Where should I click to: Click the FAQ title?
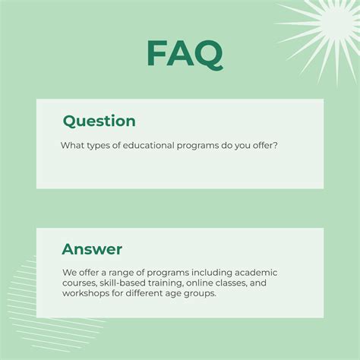185,53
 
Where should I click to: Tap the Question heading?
99,121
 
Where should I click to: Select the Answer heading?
92,249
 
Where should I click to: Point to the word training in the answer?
159,283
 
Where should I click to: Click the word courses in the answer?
78,283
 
